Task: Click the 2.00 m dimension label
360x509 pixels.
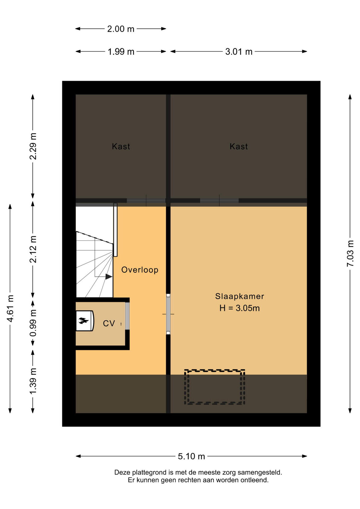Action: [x=121, y=29]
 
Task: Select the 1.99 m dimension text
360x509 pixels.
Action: [x=121, y=51]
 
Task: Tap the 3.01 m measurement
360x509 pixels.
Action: [x=239, y=51]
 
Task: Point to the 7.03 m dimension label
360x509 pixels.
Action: [x=350, y=253]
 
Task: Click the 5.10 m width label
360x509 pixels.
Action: [x=191, y=456]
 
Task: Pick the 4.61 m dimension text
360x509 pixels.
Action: [x=10, y=308]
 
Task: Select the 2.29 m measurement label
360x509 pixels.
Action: [x=33, y=146]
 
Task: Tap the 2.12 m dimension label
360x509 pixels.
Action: [x=33, y=249]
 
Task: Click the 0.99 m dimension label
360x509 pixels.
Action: [x=33, y=323]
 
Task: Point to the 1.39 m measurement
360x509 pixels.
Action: [x=33, y=381]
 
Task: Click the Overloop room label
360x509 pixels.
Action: [x=140, y=270]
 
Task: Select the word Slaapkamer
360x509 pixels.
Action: [x=239, y=296]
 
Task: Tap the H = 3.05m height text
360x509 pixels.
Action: [x=239, y=308]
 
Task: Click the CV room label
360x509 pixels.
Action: [x=109, y=323]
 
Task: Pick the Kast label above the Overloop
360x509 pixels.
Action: [x=121, y=146]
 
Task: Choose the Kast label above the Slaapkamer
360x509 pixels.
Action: [x=239, y=146]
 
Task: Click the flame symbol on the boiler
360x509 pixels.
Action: [x=83, y=321]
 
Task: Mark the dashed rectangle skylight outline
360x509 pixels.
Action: [x=214, y=370]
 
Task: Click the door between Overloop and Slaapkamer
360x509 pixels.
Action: [x=168, y=314]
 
